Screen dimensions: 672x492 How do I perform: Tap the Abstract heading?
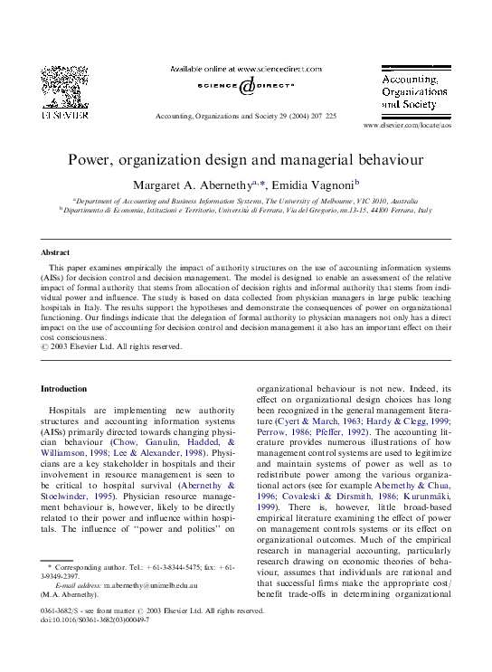click(57, 251)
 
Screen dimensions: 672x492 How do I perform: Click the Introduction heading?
click(64, 388)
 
